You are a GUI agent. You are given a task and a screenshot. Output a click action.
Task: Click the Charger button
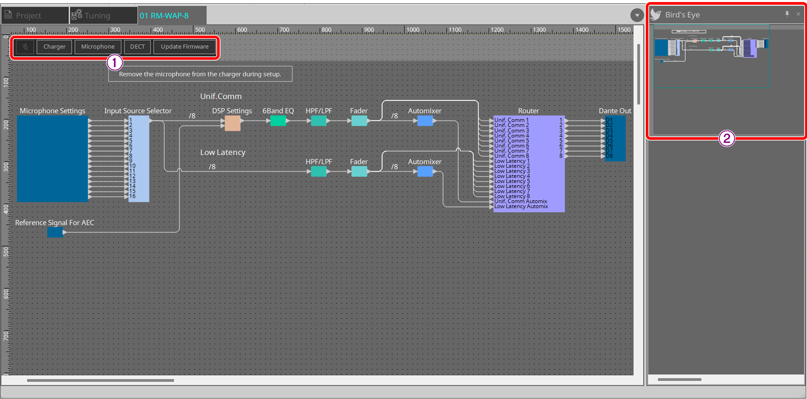(54, 47)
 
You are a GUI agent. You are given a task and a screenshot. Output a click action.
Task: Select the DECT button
(137, 47)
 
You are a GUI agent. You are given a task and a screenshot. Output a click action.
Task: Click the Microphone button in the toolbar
(97, 47)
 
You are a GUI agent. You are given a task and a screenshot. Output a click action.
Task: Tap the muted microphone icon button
(25, 47)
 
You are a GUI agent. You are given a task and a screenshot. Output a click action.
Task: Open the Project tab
(29, 15)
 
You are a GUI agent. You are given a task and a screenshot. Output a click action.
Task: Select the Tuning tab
(97, 15)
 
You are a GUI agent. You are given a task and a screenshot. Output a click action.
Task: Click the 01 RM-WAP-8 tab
(164, 15)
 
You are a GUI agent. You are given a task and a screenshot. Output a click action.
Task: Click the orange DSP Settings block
(232, 123)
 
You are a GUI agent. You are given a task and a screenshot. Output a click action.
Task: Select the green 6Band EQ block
(278, 121)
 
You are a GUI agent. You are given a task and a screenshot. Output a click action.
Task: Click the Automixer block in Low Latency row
(425, 172)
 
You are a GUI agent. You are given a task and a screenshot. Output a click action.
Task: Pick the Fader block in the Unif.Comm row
(359, 121)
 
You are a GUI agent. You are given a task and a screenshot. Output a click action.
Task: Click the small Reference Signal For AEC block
(55, 232)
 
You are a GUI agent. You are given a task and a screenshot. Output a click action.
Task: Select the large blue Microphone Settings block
(53, 159)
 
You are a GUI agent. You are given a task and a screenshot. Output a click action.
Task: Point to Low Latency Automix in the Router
(521, 206)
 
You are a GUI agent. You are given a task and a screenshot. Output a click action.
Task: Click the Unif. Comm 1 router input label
(511, 120)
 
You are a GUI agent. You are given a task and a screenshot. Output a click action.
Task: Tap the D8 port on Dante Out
(609, 156)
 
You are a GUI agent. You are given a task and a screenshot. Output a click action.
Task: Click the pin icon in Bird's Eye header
(787, 14)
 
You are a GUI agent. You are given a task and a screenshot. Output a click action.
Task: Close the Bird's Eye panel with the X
(798, 14)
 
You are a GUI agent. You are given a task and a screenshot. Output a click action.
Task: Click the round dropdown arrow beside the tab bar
(637, 15)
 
